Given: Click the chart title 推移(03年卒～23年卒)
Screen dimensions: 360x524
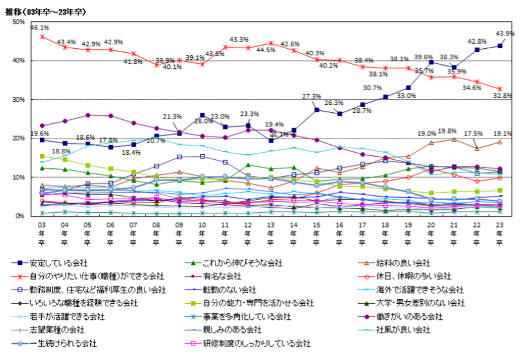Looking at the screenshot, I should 45,12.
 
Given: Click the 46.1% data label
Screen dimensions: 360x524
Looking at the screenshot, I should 40,28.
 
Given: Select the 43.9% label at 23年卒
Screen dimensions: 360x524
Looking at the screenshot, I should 505,33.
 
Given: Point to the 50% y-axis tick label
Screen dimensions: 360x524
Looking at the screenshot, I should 19,22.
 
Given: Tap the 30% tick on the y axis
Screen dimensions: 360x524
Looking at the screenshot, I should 19,99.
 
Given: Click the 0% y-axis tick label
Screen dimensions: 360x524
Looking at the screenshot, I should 20,216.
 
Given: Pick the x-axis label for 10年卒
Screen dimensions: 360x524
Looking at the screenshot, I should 202,233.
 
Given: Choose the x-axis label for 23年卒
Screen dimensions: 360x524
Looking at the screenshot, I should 500,233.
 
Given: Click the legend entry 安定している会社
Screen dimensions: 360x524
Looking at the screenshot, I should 58,263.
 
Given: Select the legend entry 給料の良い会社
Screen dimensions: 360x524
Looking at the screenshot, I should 403,263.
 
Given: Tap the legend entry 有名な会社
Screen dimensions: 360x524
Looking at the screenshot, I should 222,276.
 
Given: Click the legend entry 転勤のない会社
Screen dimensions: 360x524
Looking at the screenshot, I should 229,290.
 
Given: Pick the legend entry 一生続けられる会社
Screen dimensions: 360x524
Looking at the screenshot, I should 63,343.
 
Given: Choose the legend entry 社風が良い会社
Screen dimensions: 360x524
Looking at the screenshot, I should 403,330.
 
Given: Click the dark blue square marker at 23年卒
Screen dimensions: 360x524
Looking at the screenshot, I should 500,46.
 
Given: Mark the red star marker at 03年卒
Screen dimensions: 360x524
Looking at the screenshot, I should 42,37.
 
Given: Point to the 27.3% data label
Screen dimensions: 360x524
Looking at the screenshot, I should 311,96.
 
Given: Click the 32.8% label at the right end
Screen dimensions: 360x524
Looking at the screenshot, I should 502,96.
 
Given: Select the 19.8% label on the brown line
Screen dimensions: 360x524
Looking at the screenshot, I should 447,131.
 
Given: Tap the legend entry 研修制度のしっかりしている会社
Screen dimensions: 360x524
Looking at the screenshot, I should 257,343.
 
